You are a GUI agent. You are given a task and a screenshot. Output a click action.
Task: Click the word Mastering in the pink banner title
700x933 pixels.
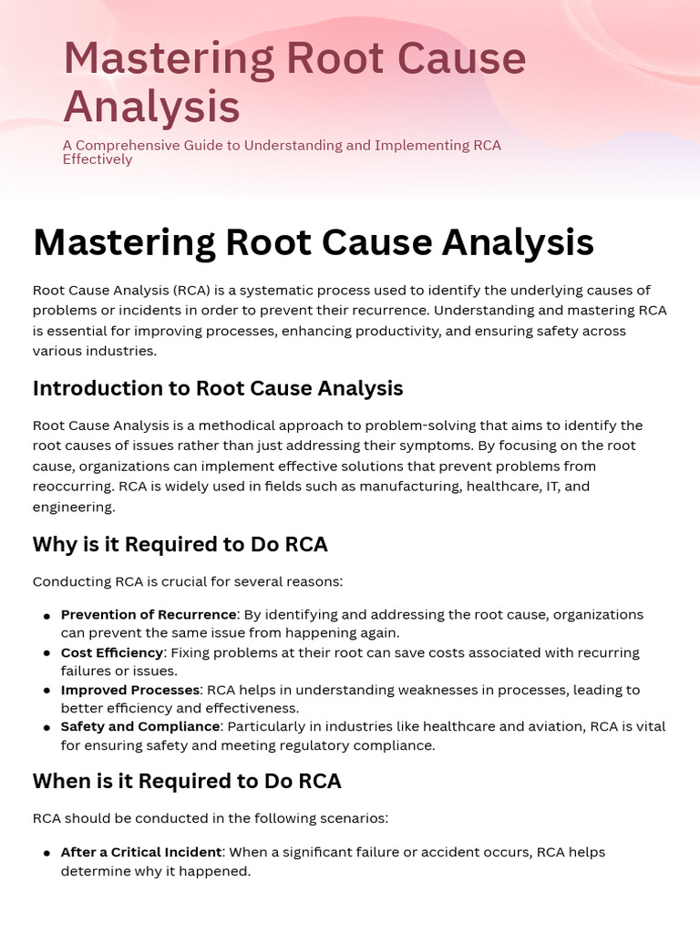pyautogui.click(x=167, y=59)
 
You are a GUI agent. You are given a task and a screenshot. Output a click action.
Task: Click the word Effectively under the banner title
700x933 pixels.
pyautogui.click(x=98, y=159)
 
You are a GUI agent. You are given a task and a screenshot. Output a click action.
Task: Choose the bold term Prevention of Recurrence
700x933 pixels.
pyautogui.click(x=149, y=615)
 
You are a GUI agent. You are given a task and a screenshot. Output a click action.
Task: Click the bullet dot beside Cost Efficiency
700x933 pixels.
pyautogui.click(x=46, y=654)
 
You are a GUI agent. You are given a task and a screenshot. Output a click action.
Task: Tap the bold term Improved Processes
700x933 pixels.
pyautogui.click(x=130, y=690)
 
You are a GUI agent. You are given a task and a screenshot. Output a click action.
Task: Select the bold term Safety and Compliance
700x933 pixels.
pyautogui.click(x=140, y=726)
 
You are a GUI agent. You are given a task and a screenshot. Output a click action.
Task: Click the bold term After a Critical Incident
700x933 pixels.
pyautogui.click(x=141, y=852)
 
